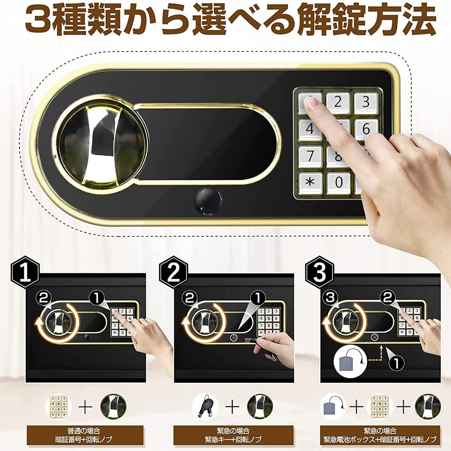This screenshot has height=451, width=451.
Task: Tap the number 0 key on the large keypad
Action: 338,183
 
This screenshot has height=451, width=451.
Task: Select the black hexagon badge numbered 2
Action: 174,272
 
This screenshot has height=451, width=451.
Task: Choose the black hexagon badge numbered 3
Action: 320,272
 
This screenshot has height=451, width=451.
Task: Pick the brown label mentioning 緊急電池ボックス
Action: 379,434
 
